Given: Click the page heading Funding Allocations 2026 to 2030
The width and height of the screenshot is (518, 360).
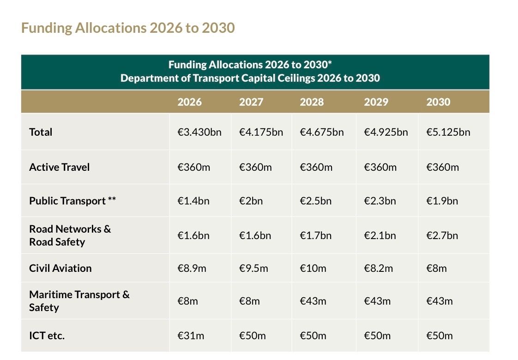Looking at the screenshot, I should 128,28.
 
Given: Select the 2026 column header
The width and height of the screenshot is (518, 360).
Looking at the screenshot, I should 189,102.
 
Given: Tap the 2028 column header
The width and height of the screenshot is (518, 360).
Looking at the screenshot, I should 312,102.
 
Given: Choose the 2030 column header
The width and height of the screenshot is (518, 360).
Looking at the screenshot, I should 438,102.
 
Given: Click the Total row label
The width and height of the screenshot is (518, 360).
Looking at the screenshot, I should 41,132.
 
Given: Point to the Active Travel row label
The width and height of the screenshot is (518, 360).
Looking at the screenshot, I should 59,167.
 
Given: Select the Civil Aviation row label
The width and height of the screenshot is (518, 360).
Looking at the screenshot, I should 60,268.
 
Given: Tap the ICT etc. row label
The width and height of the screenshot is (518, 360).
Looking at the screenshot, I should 47,336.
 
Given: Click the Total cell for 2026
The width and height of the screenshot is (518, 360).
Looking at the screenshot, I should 199,132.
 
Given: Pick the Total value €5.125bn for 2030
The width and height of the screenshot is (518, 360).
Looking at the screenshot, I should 448,132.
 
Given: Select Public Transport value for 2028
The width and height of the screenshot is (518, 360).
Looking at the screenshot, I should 315,201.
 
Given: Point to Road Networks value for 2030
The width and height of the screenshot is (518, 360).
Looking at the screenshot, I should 442,236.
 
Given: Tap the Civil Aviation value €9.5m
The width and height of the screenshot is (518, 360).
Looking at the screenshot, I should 253,269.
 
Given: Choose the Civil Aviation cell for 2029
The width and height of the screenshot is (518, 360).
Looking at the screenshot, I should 378,269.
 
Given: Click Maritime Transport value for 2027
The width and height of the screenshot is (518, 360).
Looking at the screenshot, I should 249,301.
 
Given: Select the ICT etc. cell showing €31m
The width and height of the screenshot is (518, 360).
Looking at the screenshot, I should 191,336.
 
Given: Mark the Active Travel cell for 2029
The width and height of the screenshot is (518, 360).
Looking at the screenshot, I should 380,168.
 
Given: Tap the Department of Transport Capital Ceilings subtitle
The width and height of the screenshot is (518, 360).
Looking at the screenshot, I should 250,78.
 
